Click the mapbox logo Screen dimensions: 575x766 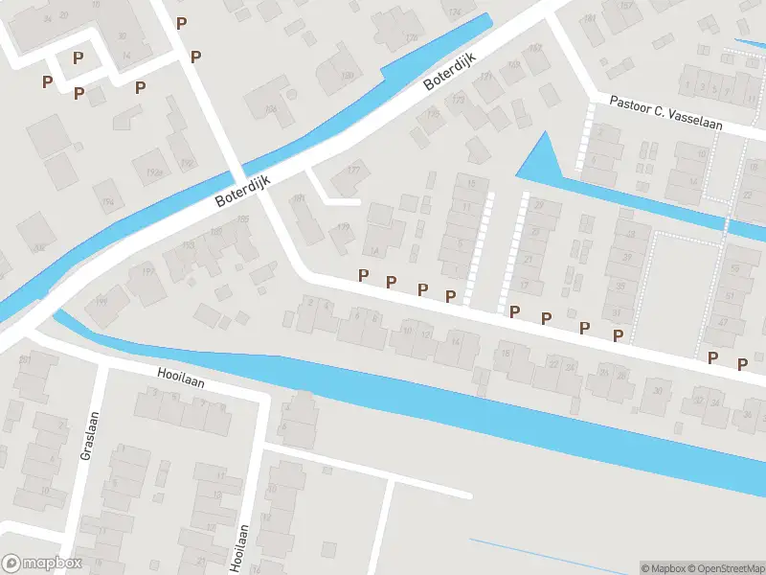(42, 563)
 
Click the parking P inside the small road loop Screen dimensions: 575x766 (79, 58)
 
